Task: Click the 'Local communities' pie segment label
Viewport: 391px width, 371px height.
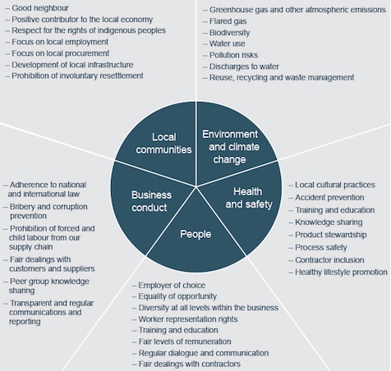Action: point(163,144)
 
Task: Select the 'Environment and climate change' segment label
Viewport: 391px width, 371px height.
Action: point(230,147)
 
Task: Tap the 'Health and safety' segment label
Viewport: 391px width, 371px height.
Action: point(249,198)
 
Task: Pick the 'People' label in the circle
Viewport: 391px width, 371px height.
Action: point(195,234)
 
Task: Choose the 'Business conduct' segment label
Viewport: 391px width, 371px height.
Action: point(151,201)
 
